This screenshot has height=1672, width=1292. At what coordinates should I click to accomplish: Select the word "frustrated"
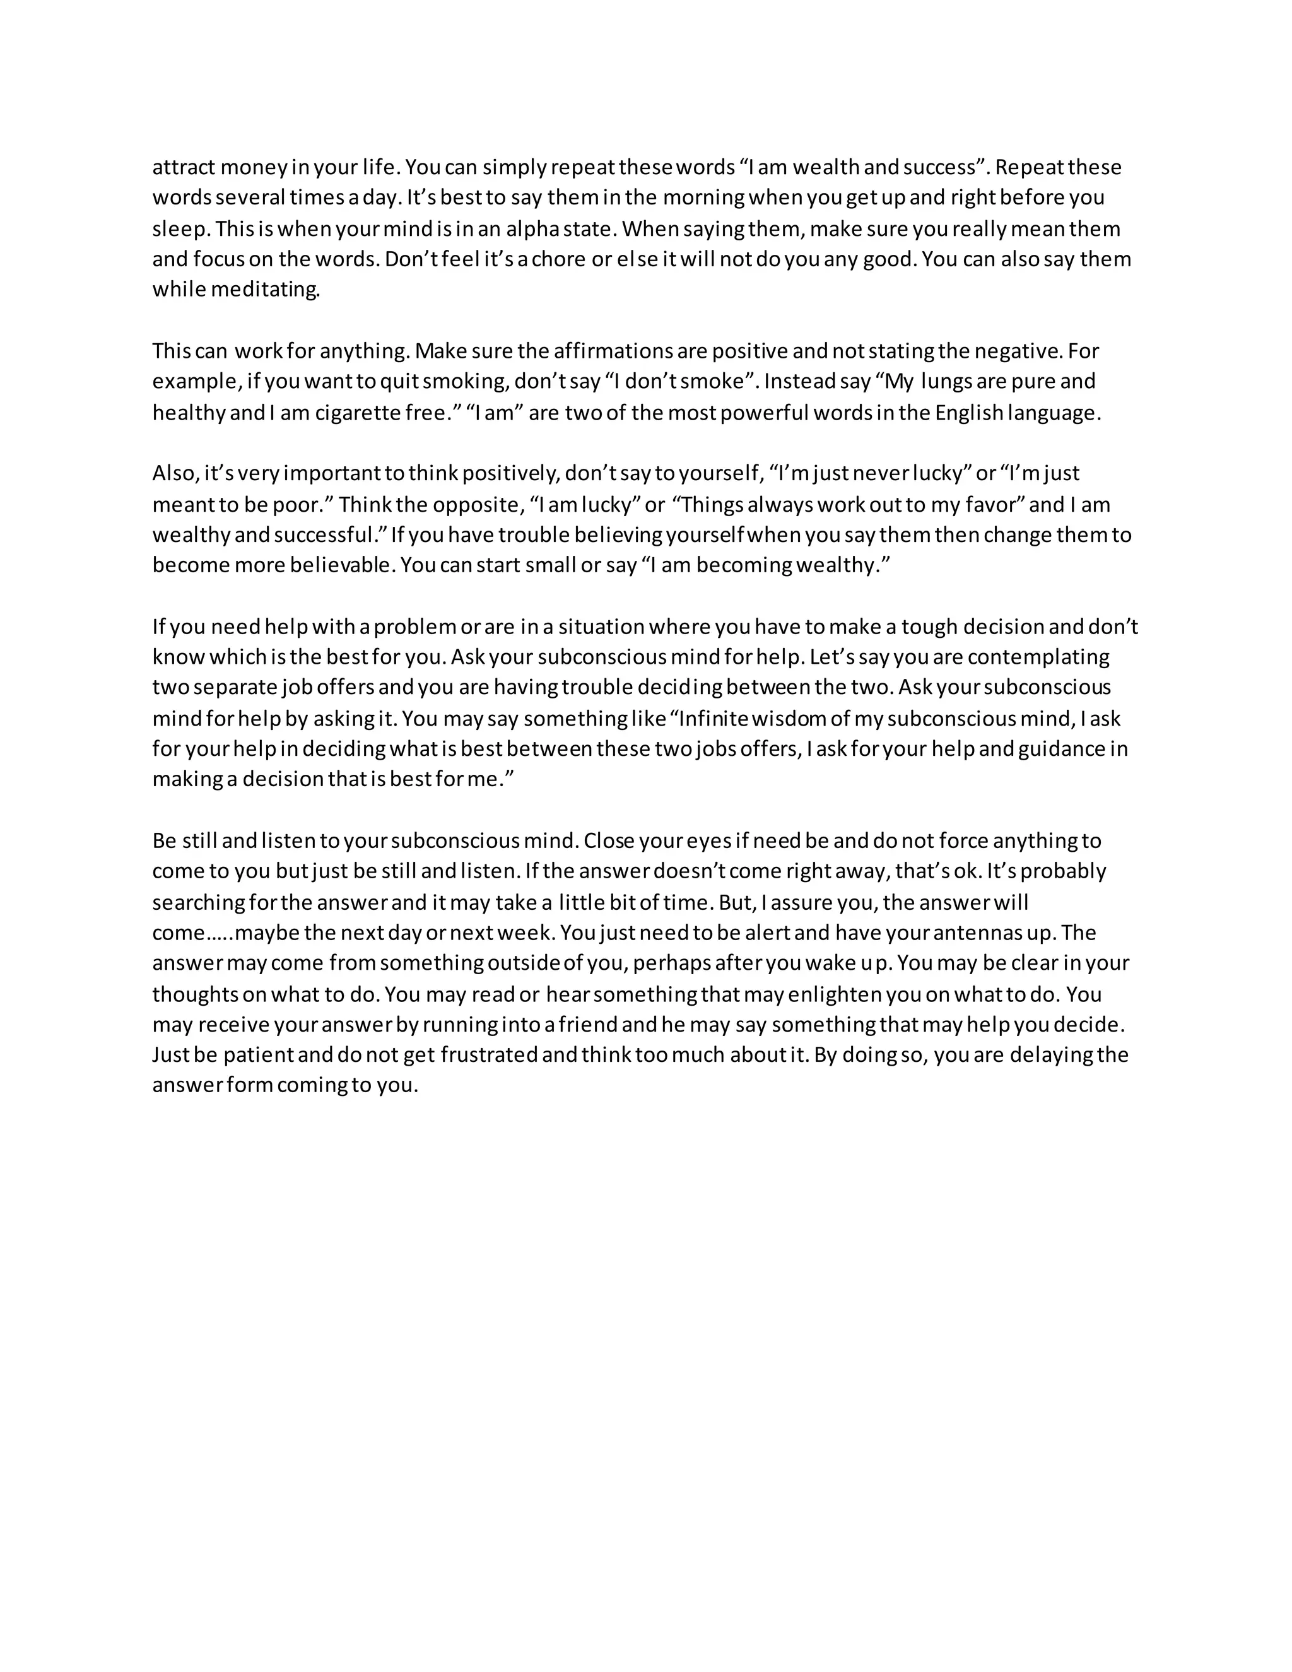488,1055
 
